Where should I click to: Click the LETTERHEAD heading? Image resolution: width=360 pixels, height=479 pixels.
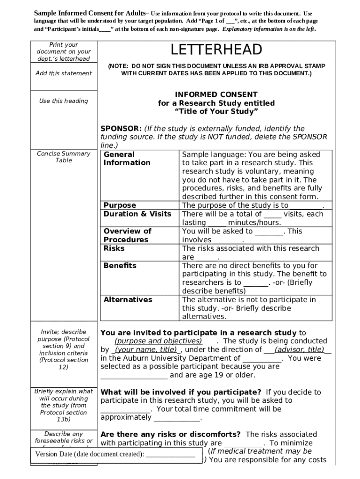[x=216, y=50]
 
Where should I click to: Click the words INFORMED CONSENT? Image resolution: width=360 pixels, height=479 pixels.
[x=216, y=94]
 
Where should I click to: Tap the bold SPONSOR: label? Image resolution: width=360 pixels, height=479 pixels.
[x=121, y=129]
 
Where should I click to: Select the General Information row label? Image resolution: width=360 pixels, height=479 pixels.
[x=127, y=159]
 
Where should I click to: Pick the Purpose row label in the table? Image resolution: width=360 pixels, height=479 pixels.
[x=120, y=205]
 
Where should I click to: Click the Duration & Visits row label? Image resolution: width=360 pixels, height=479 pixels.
[x=137, y=214]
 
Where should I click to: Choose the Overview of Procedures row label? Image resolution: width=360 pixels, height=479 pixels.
[x=127, y=235]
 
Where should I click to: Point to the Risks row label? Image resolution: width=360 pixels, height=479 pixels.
[x=114, y=248]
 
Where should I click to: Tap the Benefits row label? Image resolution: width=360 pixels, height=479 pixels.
[x=120, y=266]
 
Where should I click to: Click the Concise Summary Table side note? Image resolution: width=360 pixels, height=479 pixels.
[x=64, y=157]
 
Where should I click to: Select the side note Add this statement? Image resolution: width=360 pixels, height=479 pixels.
[x=64, y=73]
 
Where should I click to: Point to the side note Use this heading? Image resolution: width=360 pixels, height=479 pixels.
[x=64, y=101]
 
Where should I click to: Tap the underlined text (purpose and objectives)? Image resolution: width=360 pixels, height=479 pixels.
[x=158, y=341]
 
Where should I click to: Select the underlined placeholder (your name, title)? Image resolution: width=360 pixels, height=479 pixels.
[x=146, y=349]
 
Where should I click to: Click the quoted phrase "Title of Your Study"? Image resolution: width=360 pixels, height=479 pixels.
[x=216, y=112]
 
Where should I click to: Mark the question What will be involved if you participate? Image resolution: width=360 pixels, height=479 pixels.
[x=181, y=392]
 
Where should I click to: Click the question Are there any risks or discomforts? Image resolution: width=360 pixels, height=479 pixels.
[x=171, y=435]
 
